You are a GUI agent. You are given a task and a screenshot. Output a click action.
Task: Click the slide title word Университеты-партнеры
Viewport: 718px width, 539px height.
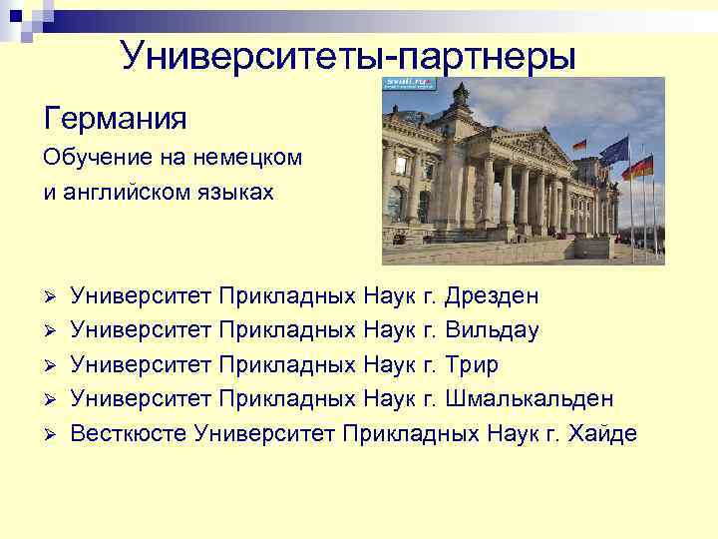pyautogui.click(x=348, y=56)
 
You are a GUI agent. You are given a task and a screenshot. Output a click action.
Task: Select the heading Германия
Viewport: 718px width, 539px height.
pyautogui.click(x=115, y=120)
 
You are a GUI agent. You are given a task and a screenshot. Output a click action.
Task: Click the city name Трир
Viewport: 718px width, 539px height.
pyautogui.click(x=472, y=363)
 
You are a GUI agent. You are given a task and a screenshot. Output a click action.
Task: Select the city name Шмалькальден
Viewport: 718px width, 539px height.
pyautogui.click(x=530, y=398)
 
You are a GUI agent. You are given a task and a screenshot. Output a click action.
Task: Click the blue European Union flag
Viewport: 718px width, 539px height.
pyautogui.click(x=614, y=151)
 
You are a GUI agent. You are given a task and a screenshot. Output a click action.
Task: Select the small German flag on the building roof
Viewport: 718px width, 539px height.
pyautogui.click(x=578, y=145)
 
